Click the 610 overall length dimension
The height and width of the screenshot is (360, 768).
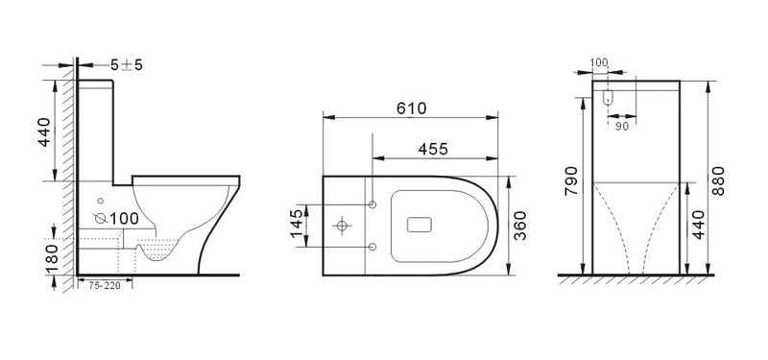(412, 108)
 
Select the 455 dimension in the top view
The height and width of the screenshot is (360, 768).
(433, 149)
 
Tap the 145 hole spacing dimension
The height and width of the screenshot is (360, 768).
(297, 224)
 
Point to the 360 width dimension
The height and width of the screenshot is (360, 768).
(519, 226)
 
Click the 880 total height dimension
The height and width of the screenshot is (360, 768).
(718, 180)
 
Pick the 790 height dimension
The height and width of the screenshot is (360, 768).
(571, 180)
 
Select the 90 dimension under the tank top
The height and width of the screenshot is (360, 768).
(621, 127)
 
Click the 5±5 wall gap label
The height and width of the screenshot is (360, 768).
(127, 64)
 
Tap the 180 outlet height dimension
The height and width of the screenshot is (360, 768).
(52, 257)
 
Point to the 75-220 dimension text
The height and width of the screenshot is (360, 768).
(105, 286)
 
